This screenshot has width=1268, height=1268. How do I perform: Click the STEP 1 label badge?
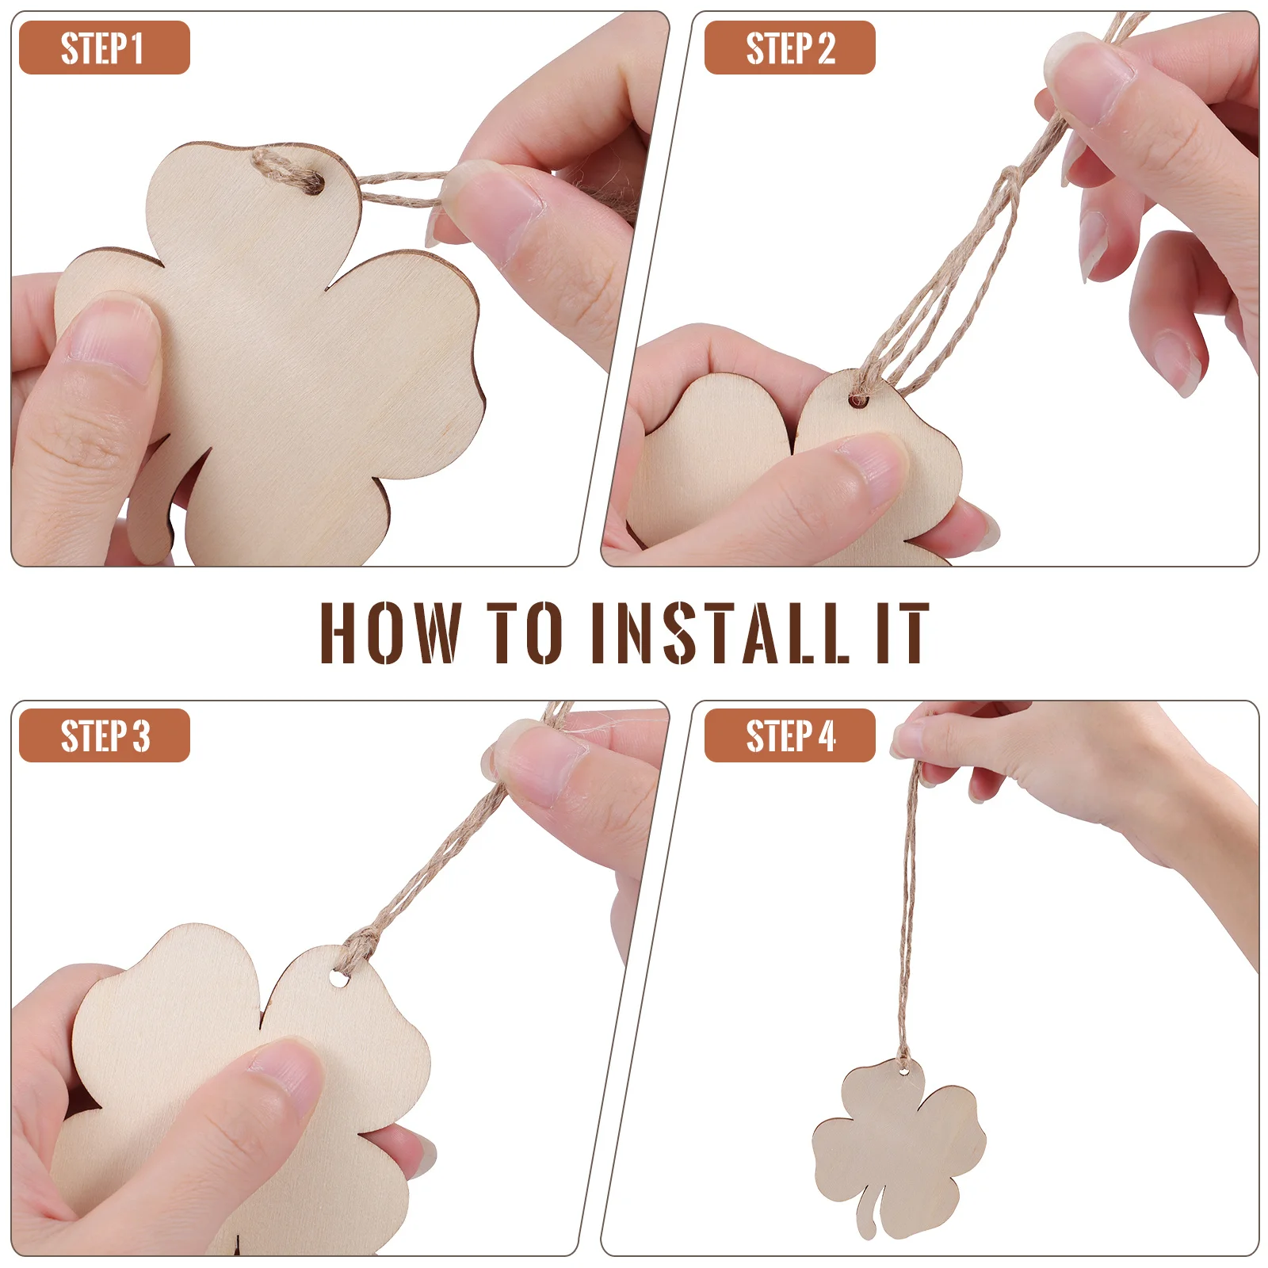pyautogui.click(x=104, y=48)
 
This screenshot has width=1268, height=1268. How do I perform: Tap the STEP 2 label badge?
pyautogui.click(x=789, y=48)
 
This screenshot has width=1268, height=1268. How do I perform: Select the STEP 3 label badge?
pyautogui.click(x=104, y=735)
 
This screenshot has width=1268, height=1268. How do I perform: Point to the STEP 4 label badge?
pyautogui.click(x=789, y=735)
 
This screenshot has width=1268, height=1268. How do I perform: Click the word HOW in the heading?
pyautogui.click(x=390, y=632)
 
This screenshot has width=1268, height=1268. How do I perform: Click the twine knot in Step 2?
pyautogui.click(x=1010, y=181)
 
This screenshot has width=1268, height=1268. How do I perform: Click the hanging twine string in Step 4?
pyautogui.click(x=908, y=911)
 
